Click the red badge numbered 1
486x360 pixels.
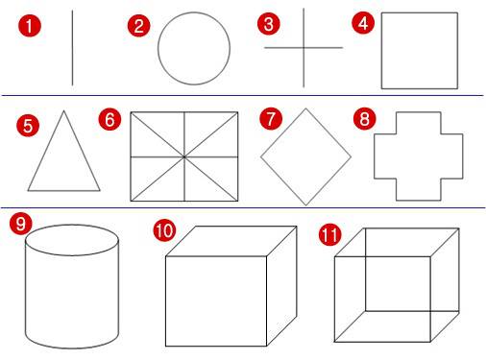pyautogui.click(x=30, y=26)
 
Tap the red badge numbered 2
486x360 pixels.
pyautogui.click(x=138, y=26)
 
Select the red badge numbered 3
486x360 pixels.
pyautogui.click(x=269, y=24)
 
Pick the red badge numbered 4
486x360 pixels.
pyautogui.click(x=363, y=23)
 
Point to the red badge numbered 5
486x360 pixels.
pyautogui.click(x=28, y=126)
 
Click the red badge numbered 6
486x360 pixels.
pyautogui.click(x=109, y=119)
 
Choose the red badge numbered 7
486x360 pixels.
pyautogui.click(x=271, y=119)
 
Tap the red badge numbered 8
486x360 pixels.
pyautogui.click(x=365, y=119)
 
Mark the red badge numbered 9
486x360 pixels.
pyautogui.click(x=21, y=223)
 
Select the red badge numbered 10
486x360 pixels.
pyautogui.click(x=164, y=230)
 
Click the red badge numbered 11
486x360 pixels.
pyautogui.click(x=330, y=234)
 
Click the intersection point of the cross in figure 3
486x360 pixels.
pyautogui.click(x=304, y=48)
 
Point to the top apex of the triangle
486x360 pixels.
pyautogui.click(x=63, y=111)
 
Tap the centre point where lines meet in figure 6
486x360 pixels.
pyautogui.click(x=184, y=156)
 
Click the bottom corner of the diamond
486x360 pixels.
pyautogui.click(x=305, y=204)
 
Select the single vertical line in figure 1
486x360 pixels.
pyautogui.click(x=72, y=48)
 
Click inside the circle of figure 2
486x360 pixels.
pyautogui.click(x=194, y=48)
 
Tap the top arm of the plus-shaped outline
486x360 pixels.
pyautogui.click(x=419, y=123)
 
